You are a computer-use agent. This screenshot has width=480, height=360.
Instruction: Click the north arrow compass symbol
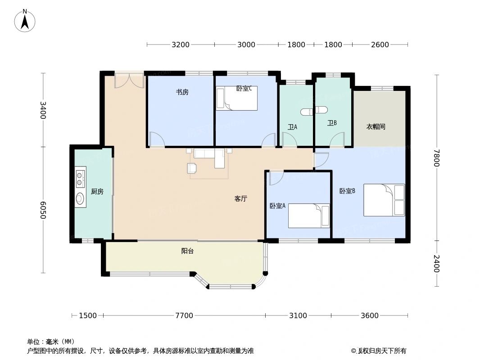click(25, 21)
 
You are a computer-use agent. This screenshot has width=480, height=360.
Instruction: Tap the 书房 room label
click(182, 92)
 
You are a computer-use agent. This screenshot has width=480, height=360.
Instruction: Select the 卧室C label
click(244, 88)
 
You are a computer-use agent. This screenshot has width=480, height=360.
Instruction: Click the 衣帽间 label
click(376, 127)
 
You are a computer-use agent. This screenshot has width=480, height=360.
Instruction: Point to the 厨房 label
click(97, 192)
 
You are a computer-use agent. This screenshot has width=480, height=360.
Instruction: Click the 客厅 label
click(241, 198)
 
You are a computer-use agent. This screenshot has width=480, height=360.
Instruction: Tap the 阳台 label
click(187, 251)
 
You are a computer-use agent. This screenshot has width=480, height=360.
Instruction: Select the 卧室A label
click(277, 206)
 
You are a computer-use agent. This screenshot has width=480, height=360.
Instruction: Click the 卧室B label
click(347, 191)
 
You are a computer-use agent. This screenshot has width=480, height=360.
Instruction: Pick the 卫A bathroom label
click(292, 127)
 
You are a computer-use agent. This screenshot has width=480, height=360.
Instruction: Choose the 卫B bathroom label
click(332, 123)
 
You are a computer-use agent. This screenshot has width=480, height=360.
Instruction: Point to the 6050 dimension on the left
click(43, 210)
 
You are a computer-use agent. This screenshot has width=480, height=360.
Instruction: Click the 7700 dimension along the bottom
click(184, 315)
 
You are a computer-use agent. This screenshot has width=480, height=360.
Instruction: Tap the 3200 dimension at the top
click(181, 45)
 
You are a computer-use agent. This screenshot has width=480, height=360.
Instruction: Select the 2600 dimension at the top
click(380, 45)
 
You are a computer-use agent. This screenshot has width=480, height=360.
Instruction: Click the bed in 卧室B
click(384, 200)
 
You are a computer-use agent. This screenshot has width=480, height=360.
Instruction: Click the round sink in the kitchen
click(80, 198)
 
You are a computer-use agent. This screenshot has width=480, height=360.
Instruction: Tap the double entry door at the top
click(129, 80)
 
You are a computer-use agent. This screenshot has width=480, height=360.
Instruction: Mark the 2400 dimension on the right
click(436, 263)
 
